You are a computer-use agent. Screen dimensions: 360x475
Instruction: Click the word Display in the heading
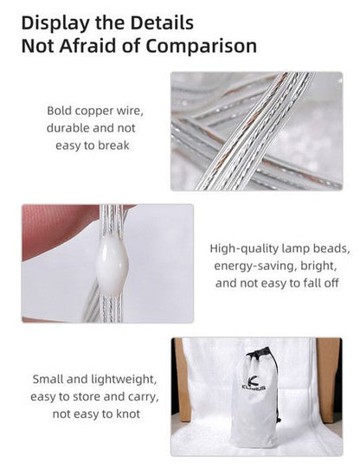55,23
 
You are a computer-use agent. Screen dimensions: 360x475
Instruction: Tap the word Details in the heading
162,22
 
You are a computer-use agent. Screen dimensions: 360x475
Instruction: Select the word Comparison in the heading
202,47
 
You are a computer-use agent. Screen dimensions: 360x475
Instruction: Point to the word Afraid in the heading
88,46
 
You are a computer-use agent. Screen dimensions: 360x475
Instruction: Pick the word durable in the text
67,128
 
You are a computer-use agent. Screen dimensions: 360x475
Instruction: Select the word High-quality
244,249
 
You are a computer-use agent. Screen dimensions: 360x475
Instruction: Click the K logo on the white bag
254,380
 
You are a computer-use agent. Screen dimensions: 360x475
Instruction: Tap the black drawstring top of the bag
260,353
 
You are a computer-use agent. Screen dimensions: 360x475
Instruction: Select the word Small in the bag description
48,379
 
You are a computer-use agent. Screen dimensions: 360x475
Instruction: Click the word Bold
60,111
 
